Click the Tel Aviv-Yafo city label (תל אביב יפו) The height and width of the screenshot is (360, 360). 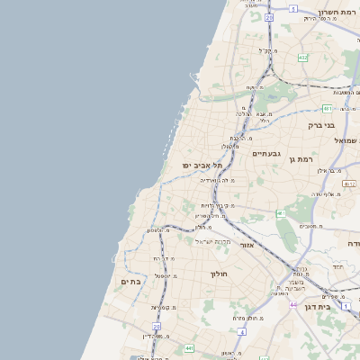pyautogui.click(x=201, y=166)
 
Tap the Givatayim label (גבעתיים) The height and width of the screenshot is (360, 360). pyautogui.click(x=266, y=154)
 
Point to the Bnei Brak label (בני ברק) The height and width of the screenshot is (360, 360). pyautogui.click(x=321, y=126)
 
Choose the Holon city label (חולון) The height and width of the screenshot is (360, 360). pyautogui.click(x=220, y=274)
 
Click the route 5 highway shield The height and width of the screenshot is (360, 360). pyautogui.click(x=293, y=8)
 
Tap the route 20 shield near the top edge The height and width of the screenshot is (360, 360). pyautogui.click(x=268, y=16)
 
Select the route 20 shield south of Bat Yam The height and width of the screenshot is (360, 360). pyautogui.click(x=157, y=327)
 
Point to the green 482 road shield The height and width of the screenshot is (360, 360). pyautogui.click(x=302, y=58)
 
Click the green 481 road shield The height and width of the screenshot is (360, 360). pyautogui.click(x=282, y=213)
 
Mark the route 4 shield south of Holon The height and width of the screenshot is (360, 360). pyautogui.click(x=242, y=331)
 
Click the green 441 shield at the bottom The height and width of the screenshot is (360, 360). pyautogui.click(x=189, y=348)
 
